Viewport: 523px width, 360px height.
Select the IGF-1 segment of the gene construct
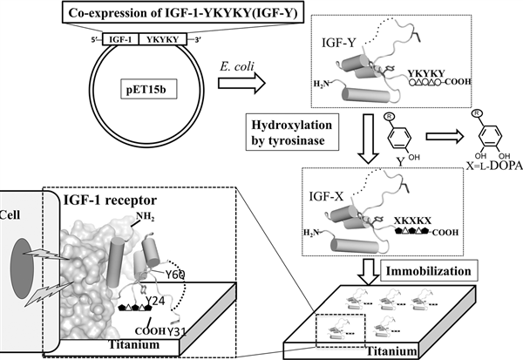click(120, 38)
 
